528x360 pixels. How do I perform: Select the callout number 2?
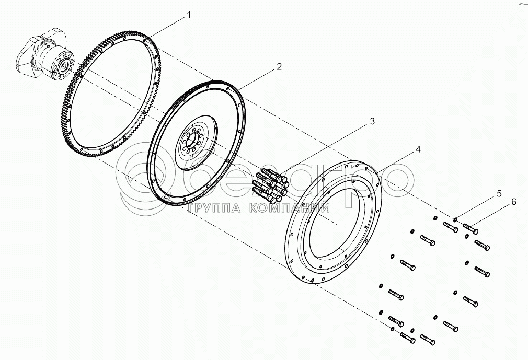[x=279, y=66]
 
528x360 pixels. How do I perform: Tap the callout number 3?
[x=372, y=122]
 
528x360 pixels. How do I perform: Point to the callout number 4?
[x=418, y=149]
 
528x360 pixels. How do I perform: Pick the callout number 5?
[x=499, y=194]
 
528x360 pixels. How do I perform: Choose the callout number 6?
[x=513, y=202]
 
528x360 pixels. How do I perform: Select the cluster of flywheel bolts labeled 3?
[x=271, y=184]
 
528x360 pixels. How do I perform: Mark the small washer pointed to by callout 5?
[x=456, y=220]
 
